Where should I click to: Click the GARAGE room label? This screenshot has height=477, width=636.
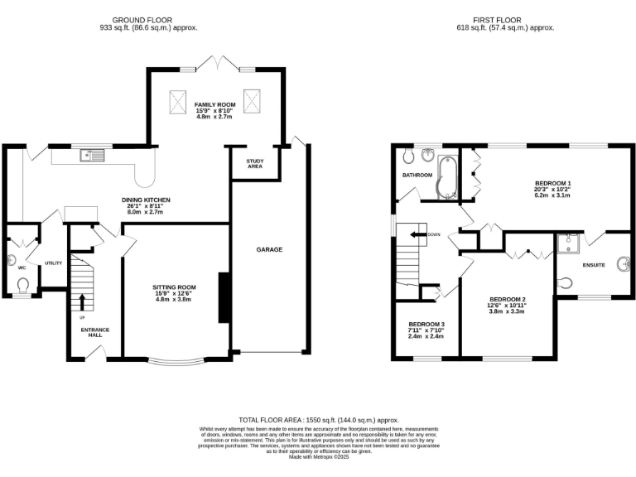tap(269, 249)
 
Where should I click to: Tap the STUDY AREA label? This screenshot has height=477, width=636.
tap(255, 164)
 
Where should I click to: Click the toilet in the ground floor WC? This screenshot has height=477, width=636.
tap(23, 287)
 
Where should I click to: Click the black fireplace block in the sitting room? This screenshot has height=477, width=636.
tap(222, 297)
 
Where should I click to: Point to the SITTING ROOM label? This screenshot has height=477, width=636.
tap(175, 287)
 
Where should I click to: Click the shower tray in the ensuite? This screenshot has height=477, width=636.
tap(570, 243)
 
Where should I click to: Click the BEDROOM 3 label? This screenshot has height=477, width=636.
tap(426, 324)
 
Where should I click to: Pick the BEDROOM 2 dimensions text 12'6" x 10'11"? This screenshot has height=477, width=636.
tap(507, 306)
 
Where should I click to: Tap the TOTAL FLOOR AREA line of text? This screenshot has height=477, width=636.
tap(318, 420)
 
